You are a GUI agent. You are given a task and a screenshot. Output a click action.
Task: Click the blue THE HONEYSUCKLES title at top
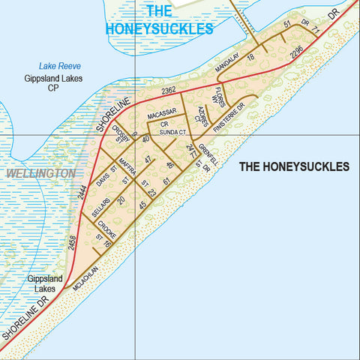click(x=159, y=20)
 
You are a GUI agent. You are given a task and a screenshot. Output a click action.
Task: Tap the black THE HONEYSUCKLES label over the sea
click(x=294, y=166)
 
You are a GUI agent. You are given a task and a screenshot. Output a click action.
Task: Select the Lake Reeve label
click(x=59, y=67)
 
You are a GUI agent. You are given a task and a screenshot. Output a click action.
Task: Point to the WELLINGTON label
click(x=40, y=173)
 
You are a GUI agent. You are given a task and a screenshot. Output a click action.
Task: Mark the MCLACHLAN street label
click(x=88, y=277)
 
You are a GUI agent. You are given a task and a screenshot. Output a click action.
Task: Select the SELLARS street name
click(x=100, y=211)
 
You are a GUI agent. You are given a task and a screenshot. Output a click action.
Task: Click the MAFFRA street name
click(x=128, y=167)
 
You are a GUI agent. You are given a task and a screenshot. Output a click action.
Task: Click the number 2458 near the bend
click(x=72, y=243)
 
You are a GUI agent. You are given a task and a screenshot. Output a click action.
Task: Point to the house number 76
click(x=108, y=244)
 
